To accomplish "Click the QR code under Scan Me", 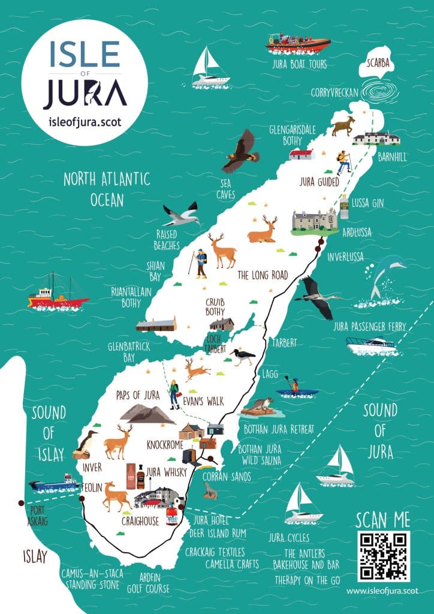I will tap(384, 556).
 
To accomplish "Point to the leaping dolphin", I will tap(384, 276).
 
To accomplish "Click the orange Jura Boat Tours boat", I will tap(298, 43).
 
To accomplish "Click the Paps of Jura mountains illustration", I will tap(147, 413).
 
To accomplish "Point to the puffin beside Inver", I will tap(86, 444).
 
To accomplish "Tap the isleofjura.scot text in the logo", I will tap(85, 121).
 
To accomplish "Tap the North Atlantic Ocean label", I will tap(107, 188).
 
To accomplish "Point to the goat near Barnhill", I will tap(343, 127).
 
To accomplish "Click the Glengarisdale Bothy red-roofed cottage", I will tap(302, 155).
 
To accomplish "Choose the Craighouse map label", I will tap(140, 521).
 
